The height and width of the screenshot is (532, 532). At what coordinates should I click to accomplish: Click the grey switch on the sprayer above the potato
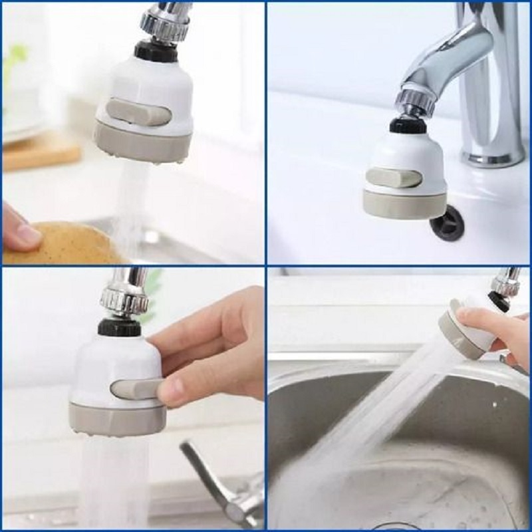pyautogui.click(x=140, y=112)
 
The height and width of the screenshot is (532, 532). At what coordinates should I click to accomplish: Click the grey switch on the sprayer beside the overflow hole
pyautogui.click(x=393, y=178)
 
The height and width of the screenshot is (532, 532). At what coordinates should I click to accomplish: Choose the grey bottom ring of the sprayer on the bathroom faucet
pyautogui.click(x=399, y=205)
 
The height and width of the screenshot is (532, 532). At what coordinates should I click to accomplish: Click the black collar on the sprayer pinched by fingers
pyautogui.click(x=120, y=327)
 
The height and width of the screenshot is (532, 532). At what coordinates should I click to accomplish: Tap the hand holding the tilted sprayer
pyautogui.click(x=499, y=332)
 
